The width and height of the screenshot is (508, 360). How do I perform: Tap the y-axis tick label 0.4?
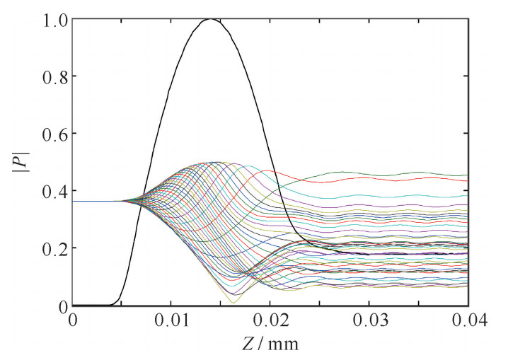[49, 191]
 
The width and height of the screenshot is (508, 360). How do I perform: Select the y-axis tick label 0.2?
[49, 248]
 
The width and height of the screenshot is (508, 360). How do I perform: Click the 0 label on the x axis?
[72, 320]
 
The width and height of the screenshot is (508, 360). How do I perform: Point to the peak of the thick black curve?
[210, 19]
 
